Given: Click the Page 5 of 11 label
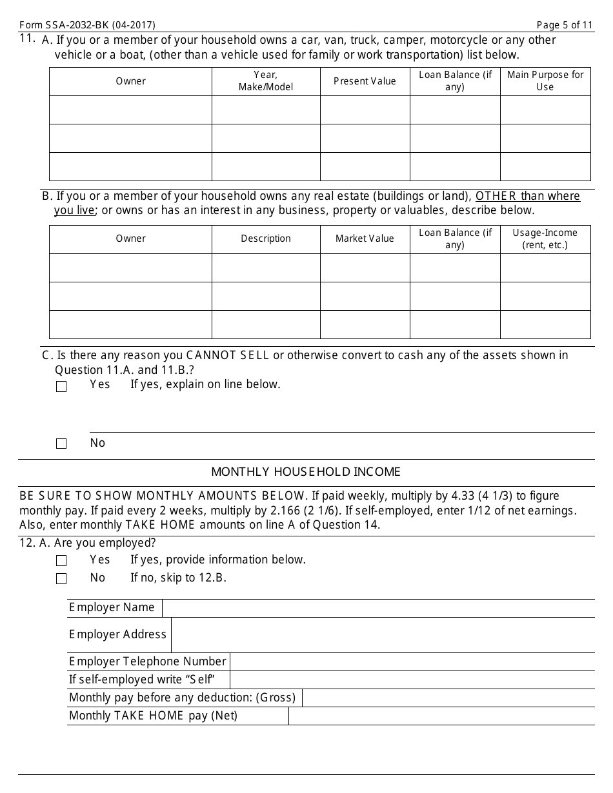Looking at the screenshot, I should [565, 25].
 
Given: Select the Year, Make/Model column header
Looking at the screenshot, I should [266, 81].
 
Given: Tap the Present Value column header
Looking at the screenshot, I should [365, 81].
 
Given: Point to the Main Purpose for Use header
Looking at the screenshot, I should [545, 81].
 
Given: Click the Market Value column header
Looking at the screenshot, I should [365, 239].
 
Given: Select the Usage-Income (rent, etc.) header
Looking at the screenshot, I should [545, 239].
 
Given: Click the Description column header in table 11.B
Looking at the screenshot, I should [266, 239].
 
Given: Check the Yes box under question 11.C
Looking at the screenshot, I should [61, 387].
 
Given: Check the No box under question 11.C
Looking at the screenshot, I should [61, 444].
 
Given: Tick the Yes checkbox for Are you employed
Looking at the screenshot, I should [61, 561].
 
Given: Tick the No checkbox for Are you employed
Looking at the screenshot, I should [61, 579].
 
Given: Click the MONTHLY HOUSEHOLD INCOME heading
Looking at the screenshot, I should [306, 472].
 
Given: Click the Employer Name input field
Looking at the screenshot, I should [377, 608].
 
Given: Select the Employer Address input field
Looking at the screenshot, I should [382, 635].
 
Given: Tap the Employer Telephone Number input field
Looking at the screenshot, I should [412, 661].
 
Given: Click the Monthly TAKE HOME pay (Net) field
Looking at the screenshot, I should [441, 716].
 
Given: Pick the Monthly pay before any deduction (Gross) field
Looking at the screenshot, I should [448, 698].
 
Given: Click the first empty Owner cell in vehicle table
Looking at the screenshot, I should [130, 110].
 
